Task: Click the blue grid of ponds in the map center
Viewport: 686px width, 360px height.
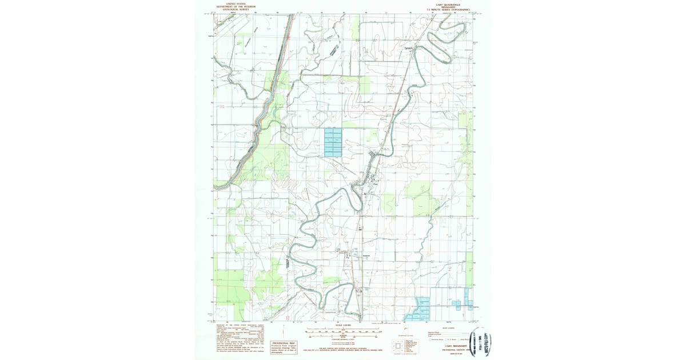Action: [x=332, y=142]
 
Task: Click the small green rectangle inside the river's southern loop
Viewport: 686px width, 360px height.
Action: [x=331, y=281]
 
